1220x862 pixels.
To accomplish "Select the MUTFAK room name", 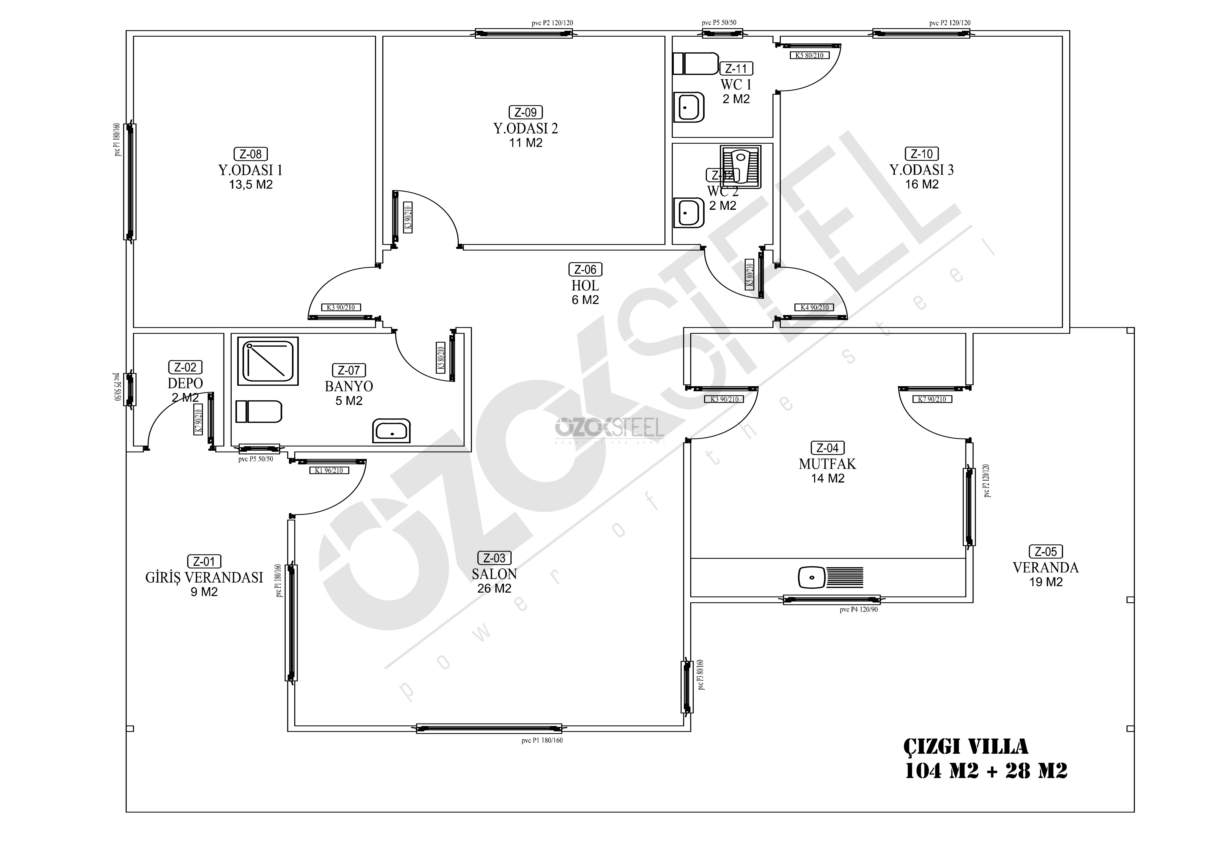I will coord(827,464).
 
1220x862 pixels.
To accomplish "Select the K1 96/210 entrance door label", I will coord(329,470).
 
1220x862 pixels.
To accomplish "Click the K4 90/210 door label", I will coord(815,307).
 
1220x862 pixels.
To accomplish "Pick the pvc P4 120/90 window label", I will coord(859,610).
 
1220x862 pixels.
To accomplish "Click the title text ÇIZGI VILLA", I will coord(966,746).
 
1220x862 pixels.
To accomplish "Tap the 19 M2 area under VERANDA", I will coord(1046,582).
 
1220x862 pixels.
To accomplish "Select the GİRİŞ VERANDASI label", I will coord(204,577).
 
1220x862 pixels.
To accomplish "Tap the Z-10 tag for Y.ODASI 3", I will coord(922,154).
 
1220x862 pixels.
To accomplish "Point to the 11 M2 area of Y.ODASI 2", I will coord(526,143).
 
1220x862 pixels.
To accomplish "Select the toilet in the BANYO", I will coord(259,412).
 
